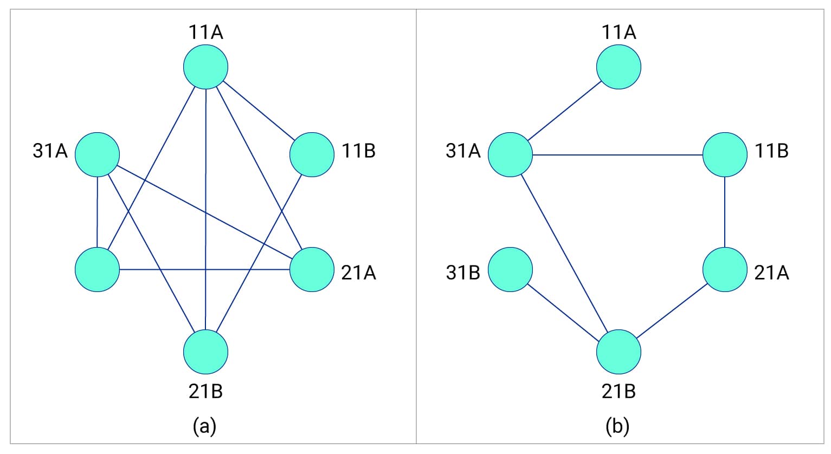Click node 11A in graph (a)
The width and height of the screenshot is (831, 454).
coord(205,67)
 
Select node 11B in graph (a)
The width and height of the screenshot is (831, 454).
coord(312,154)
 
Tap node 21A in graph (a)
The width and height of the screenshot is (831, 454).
coord(312,269)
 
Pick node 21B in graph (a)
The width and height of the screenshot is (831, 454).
coord(205,352)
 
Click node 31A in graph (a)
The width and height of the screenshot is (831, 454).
coord(97,154)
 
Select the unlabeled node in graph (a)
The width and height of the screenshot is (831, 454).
coord(97,269)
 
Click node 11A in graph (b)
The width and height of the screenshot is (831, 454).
coord(619,67)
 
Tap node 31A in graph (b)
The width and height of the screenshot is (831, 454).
coord(510,154)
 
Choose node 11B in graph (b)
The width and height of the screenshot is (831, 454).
coord(725,154)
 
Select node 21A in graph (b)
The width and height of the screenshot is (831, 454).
coord(725,269)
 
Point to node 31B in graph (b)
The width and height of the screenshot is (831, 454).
coord(510,269)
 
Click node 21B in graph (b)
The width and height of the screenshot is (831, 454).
coord(619,352)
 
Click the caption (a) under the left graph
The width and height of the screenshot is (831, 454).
coord(204,426)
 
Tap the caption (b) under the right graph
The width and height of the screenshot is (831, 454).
coord(617,426)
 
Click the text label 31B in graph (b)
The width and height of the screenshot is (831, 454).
coord(463,273)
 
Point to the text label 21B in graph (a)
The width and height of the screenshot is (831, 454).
coord(205,391)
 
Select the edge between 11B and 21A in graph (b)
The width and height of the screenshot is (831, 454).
coord(725,212)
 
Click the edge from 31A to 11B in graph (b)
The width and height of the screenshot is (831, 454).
coord(617,155)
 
